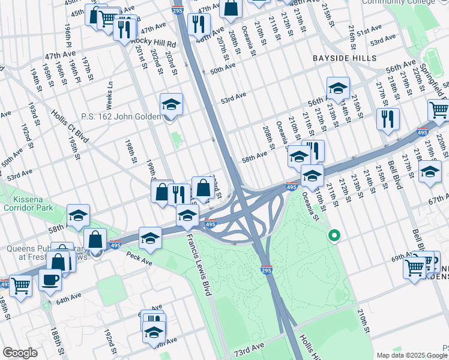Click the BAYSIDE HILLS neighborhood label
(345, 58)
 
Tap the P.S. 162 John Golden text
(124, 117)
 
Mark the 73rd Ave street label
(249, 349)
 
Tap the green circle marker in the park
(334, 236)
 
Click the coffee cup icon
(50, 279)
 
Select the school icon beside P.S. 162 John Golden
(172, 104)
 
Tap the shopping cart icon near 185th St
(20, 286)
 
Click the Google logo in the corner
(20, 353)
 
